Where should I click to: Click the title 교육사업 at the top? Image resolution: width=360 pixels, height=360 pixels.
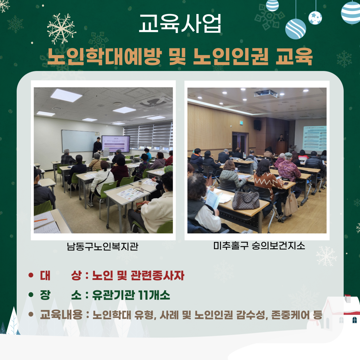click(180, 23)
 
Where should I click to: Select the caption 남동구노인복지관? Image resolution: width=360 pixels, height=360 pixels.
click(103, 246)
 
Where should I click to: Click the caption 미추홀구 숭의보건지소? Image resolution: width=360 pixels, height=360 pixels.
click(259, 246)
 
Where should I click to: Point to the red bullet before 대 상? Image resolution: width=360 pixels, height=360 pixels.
click(31, 275)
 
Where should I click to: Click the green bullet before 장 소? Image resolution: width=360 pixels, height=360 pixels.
click(31, 295)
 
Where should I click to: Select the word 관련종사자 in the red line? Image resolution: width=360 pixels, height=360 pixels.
click(157, 276)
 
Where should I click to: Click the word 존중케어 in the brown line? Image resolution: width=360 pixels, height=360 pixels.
click(290, 315)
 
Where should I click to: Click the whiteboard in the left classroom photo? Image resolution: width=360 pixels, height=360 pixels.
click(80, 141)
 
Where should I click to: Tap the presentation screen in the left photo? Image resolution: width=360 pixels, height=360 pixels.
click(116, 143)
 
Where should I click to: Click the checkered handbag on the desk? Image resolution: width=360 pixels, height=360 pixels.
click(246, 201)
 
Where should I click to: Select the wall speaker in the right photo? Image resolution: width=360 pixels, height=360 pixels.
click(257, 125)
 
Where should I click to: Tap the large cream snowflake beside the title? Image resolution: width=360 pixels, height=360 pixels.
click(62, 29)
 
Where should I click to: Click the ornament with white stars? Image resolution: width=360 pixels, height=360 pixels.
click(315, 18)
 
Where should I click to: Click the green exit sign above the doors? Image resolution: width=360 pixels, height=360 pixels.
click(241, 123)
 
